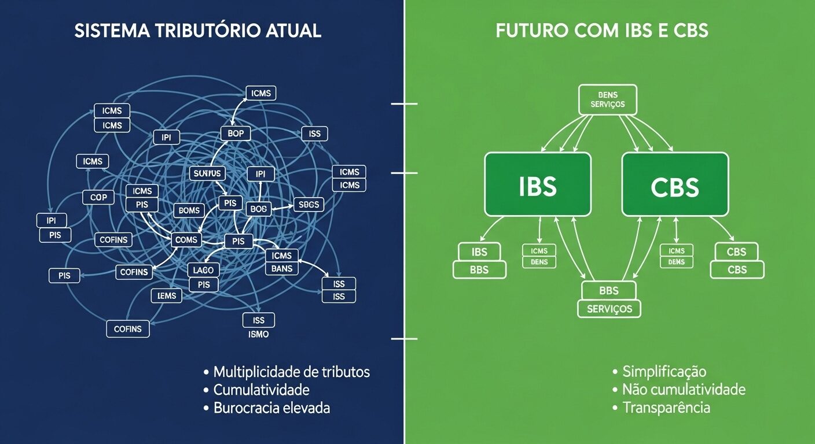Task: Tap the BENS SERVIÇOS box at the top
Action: (608, 99)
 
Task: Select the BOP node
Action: (236, 134)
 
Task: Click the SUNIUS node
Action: (207, 173)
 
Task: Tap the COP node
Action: (98, 198)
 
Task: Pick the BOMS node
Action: (189, 210)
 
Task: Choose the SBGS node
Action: (309, 204)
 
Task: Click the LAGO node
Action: (203, 270)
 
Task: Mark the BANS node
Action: (282, 269)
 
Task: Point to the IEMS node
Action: (167, 296)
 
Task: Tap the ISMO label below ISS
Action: (258, 334)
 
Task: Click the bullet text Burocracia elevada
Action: (271, 408)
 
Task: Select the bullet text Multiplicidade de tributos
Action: (291, 371)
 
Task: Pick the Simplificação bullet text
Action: (664, 371)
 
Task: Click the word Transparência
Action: (666, 408)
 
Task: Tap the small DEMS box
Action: (676, 262)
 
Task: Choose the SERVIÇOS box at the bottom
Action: (609, 309)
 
